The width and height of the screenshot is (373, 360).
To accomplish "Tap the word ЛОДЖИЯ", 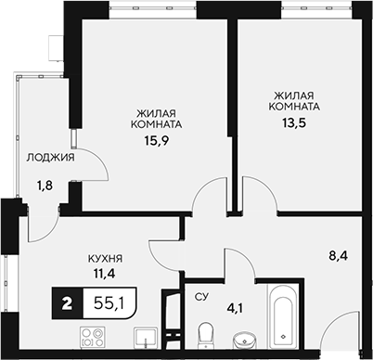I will [51, 158].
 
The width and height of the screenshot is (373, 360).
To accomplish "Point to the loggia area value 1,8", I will [45, 186].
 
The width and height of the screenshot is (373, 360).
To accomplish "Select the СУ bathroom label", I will [199, 298].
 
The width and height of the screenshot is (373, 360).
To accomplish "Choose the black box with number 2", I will [67, 302].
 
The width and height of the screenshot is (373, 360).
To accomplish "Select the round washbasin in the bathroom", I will [244, 336].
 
